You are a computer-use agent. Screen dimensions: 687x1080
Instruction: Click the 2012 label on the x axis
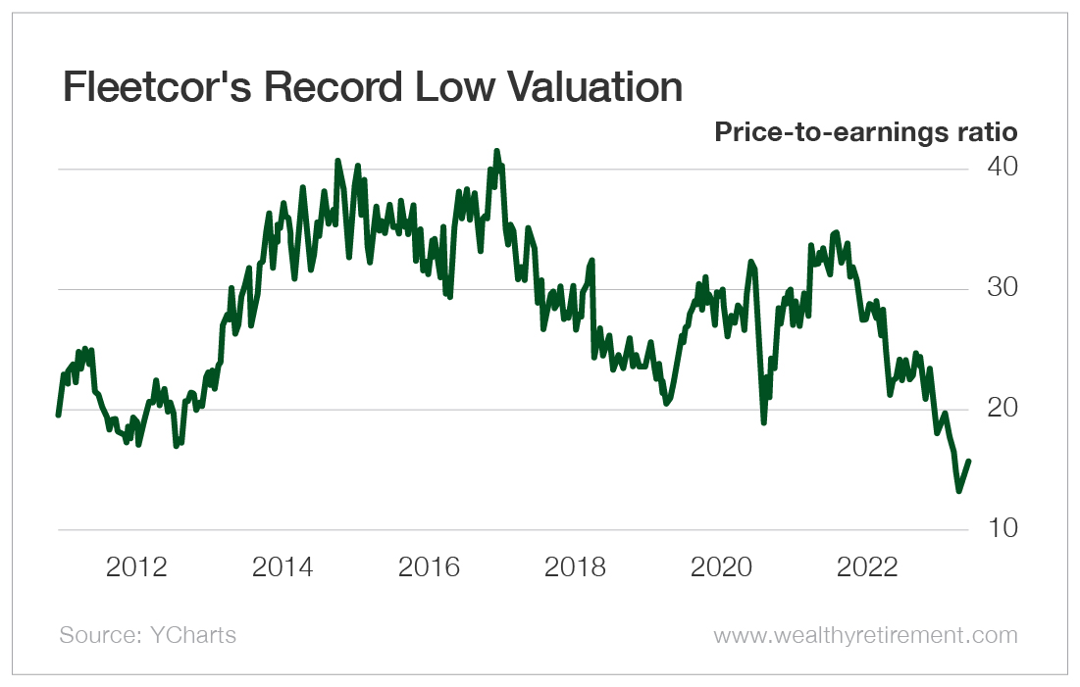pyautogui.click(x=137, y=566)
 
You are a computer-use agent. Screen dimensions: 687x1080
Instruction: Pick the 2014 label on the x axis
pyautogui.click(x=283, y=566)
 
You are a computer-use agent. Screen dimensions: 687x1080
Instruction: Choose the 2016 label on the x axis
pyautogui.click(x=429, y=566)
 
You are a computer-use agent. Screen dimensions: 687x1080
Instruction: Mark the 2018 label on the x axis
pyautogui.click(x=574, y=566)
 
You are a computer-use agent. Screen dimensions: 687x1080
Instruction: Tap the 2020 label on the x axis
pyautogui.click(x=721, y=566)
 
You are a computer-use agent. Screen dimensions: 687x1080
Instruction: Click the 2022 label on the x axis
pyautogui.click(x=866, y=566)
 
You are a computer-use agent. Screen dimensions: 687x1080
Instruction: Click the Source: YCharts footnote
pyautogui.click(x=147, y=635)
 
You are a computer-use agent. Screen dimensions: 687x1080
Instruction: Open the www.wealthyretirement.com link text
pyautogui.click(x=865, y=635)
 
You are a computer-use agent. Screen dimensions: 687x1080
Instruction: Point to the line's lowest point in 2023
pyautogui.click(x=959, y=490)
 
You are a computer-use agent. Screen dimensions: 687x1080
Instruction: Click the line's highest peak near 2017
pyautogui.click(x=496, y=151)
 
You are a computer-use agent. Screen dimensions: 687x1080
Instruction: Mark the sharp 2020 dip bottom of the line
pyautogui.click(x=763, y=421)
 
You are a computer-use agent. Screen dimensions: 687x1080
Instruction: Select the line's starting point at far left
pyautogui.click(x=58, y=415)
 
